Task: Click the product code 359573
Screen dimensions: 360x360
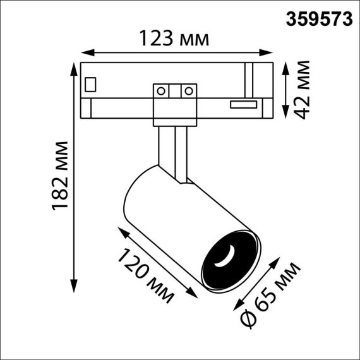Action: pos(320,18)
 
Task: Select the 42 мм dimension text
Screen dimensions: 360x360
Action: pos(305,90)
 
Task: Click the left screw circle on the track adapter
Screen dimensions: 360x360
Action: pos(162,90)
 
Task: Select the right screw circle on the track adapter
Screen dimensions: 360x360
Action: pos(187,90)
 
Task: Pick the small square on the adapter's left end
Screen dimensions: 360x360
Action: pos(92,83)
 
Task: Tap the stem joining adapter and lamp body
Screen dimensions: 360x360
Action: pos(172,149)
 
